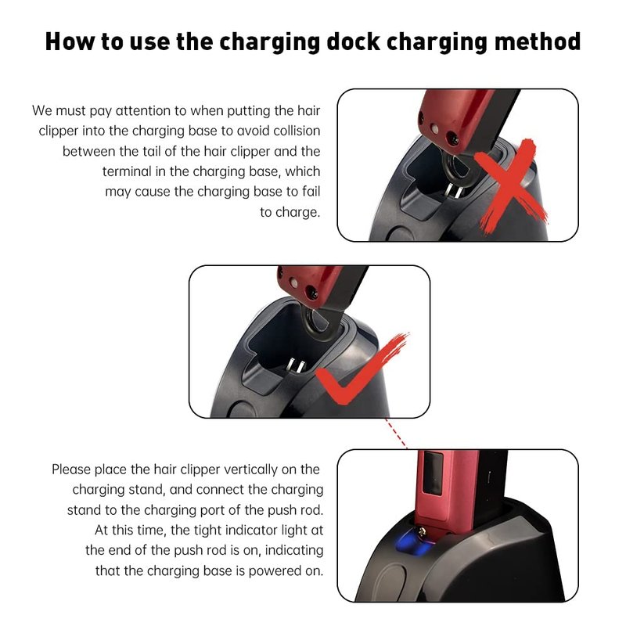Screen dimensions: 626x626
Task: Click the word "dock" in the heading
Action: [x=353, y=41]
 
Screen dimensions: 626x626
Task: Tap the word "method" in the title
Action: [x=538, y=41]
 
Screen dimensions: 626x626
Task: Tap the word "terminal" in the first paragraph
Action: [x=127, y=171]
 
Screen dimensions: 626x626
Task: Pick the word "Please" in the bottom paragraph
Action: [x=70, y=469]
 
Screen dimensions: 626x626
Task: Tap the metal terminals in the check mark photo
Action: [x=296, y=365]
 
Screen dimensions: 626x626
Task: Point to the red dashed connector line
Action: [x=396, y=434]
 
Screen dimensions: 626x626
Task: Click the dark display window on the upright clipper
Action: [x=433, y=473]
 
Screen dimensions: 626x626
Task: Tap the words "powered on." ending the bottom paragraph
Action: [x=286, y=571]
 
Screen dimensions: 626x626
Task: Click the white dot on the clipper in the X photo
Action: [x=435, y=128]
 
